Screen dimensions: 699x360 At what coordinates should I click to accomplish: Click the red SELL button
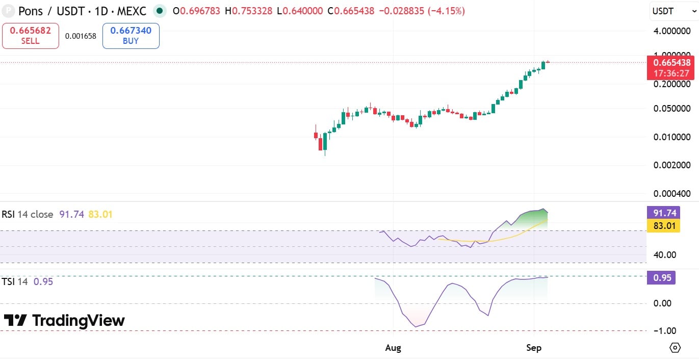tap(31, 36)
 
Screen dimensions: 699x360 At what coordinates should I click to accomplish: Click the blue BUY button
tap(131, 36)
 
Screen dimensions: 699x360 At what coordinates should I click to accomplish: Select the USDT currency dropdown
tap(674, 11)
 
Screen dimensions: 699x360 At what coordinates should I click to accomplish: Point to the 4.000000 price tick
tap(672, 31)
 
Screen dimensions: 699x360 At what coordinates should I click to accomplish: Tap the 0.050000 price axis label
tap(672, 109)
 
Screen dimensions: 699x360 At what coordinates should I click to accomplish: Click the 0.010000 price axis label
tap(672, 137)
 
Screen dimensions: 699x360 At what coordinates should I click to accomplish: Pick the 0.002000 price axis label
tap(672, 165)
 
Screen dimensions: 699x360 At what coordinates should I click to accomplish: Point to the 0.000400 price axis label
tap(672, 194)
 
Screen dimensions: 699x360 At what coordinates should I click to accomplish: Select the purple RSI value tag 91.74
tap(663, 213)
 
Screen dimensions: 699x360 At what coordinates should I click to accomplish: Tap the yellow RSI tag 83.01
tap(663, 226)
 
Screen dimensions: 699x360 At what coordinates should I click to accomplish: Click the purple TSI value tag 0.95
tap(661, 277)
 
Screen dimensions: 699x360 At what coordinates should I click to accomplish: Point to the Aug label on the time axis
tap(393, 348)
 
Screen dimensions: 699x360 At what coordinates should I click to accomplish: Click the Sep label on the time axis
tap(534, 348)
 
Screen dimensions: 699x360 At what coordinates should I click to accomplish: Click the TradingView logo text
tap(79, 321)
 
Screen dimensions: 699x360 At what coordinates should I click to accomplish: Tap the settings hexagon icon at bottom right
tap(675, 348)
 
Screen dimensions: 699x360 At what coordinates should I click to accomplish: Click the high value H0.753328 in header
tap(249, 11)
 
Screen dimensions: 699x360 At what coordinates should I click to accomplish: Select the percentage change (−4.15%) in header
tap(446, 11)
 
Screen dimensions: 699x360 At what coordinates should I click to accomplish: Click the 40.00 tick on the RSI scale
tap(665, 255)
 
